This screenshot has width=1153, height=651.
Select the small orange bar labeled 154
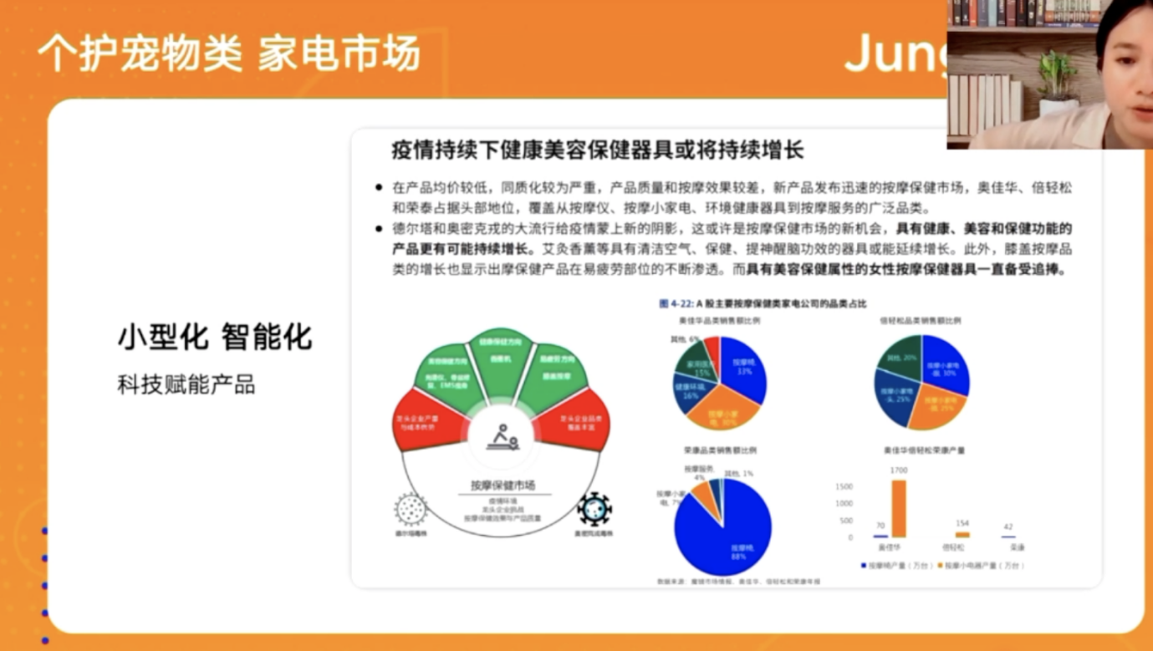coord(962,535)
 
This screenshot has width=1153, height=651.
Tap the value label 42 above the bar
coord(1008,527)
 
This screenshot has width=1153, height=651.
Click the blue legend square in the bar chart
coord(864,566)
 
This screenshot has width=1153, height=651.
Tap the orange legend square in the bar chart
coord(941,566)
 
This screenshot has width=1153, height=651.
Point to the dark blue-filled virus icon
coord(594,508)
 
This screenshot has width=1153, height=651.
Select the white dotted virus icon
coord(411,507)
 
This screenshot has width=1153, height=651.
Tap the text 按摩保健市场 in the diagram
coord(502,485)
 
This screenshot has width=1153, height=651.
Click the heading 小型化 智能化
coord(215,337)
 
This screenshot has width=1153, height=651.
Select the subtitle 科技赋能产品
coord(186,384)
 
